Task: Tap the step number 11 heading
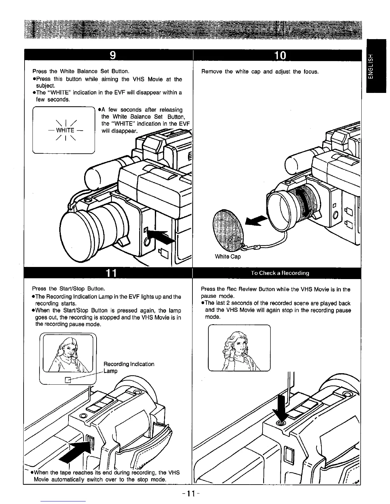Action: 112,273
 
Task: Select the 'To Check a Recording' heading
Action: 280,273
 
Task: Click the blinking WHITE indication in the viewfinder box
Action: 65,130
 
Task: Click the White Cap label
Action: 227,256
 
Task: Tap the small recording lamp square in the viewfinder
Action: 68,379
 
